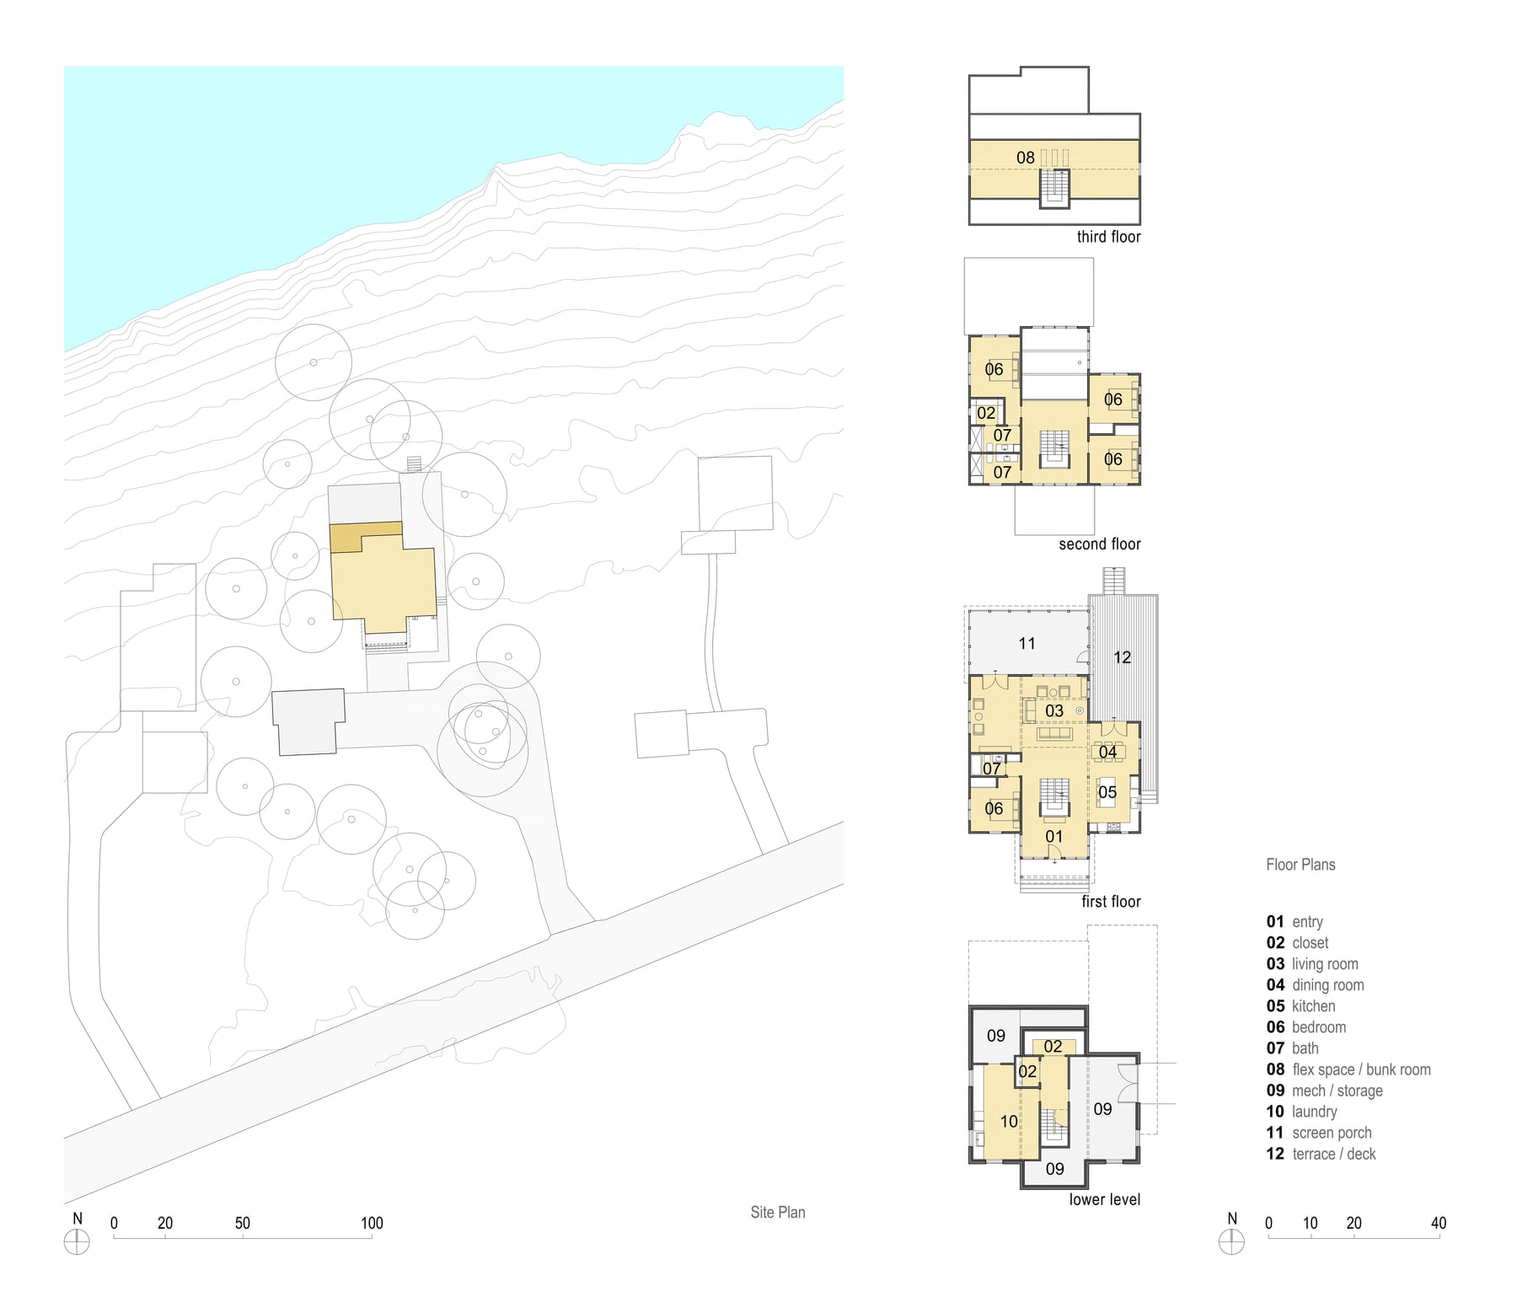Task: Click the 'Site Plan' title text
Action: [778, 1213]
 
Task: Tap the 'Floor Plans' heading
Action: [1300, 865]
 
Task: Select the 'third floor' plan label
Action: [1108, 237]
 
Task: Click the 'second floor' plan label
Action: [1100, 544]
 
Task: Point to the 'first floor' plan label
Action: [1111, 902]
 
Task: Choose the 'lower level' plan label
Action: [1105, 1199]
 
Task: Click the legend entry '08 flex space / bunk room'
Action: [1348, 1069]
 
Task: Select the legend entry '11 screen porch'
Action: [1319, 1133]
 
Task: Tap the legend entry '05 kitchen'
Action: [1300, 1006]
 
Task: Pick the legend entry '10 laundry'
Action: [1301, 1112]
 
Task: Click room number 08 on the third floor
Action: [1025, 158]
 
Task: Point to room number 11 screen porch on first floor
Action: [1027, 644]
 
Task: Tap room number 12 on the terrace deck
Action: [1122, 657]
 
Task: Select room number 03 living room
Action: [1054, 711]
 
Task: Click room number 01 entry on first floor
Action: [1053, 837]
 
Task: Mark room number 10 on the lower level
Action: [1009, 1122]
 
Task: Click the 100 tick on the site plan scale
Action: [372, 1237]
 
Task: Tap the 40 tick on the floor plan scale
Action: [1438, 1237]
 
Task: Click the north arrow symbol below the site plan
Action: [77, 1242]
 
